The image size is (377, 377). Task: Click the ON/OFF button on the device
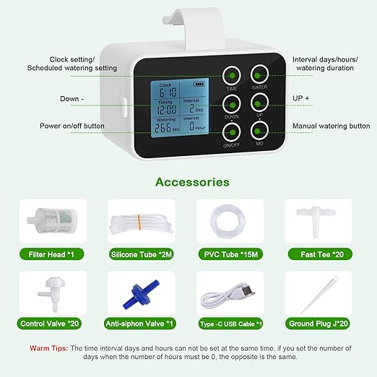231,132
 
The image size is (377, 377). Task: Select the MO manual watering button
260,132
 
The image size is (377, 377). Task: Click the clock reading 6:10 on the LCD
168,92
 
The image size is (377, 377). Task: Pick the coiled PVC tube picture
228,220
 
